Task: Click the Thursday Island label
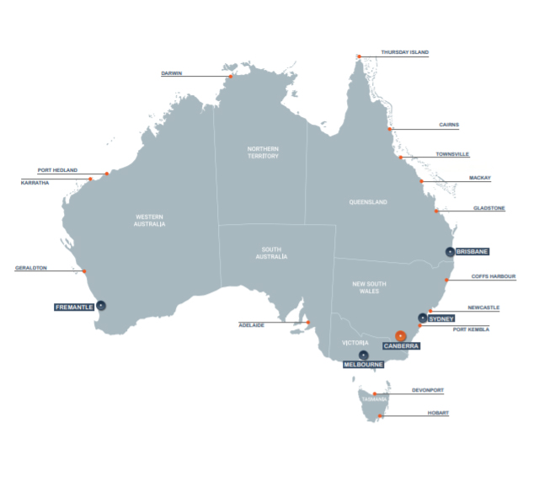[404, 52]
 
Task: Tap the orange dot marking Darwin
[230, 77]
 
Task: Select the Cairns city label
[449, 125]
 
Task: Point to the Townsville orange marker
[401, 158]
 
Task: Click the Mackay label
[480, 178]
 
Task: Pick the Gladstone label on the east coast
[489, 207]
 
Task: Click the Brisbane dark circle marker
[450, 252]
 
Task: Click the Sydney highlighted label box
[441, 318]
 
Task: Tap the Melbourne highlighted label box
[363, 365]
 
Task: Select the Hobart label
[437, 413]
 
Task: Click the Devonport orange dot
[375, 393]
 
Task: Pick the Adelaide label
[252, 324]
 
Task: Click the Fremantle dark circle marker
[101, 306]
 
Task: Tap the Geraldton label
[31, 269]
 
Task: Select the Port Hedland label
[56, 170]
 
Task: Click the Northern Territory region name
[263, 152]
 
